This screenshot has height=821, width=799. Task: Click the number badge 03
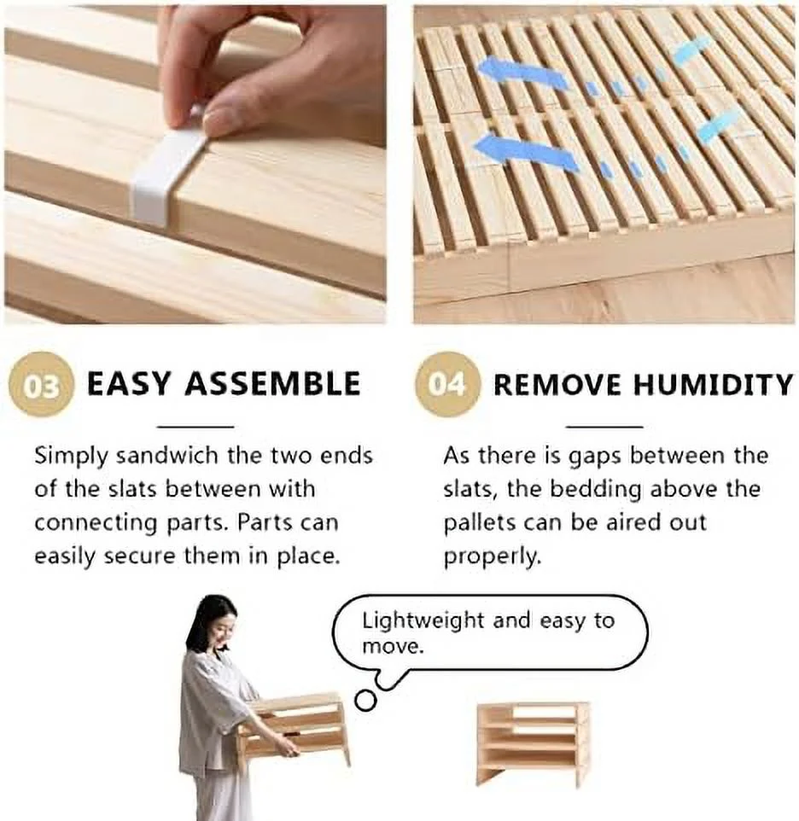[x=41, y=385]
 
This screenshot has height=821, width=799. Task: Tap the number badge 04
[x=446, y=385]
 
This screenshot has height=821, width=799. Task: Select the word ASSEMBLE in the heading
[x=272, y=384]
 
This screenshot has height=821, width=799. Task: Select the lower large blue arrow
[x=525, y=152]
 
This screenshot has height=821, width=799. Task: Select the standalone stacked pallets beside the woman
[x=533, y=741]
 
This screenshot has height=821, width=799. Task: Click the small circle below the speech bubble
[x=365, y=701]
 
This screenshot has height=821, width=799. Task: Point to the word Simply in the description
[x=71, y=457]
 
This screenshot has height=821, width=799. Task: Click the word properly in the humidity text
[x=491, y=556]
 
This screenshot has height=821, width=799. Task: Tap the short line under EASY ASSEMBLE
[x=195, y=426]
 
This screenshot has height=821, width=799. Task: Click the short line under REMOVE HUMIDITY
[x=604, y=426]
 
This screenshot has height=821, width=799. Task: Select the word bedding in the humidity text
[x=598, y=490]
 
